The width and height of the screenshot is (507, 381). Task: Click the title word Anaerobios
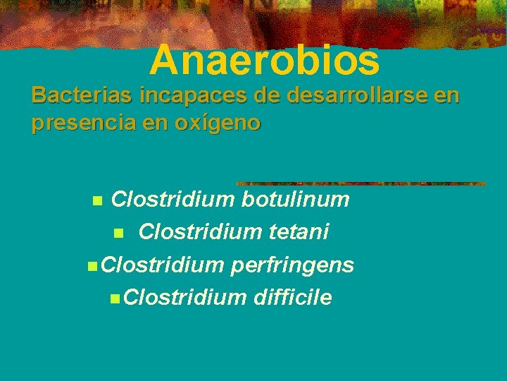(264, 60)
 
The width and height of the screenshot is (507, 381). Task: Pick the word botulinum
(295, 200)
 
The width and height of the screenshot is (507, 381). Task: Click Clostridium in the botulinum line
(173, 200)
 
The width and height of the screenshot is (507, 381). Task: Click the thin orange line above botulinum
(361, 183)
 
